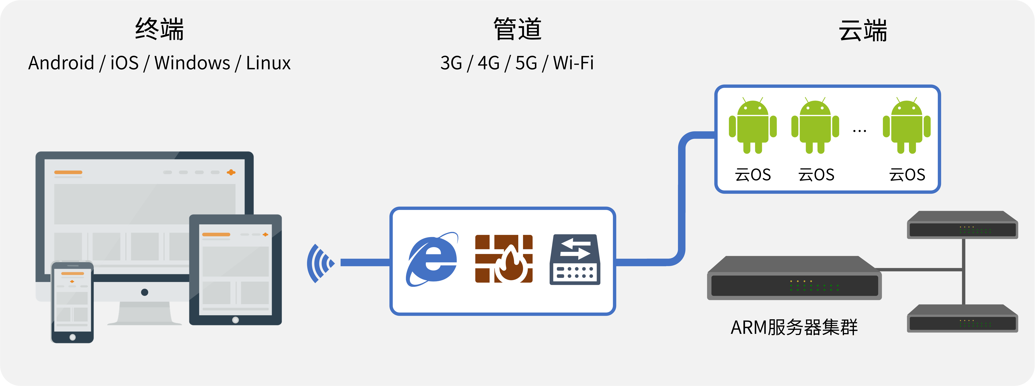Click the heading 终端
tap(160, 29)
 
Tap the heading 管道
tap(517, 29)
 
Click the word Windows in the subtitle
tap(192, 63)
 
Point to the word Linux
tap(268, 63)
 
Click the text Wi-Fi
tap(573, 63)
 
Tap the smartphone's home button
tap(72, 337)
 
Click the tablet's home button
tap(235, 320)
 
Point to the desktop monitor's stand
tap(145, 313)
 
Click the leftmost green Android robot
tap(753, 126)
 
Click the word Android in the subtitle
tap(61, 63)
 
